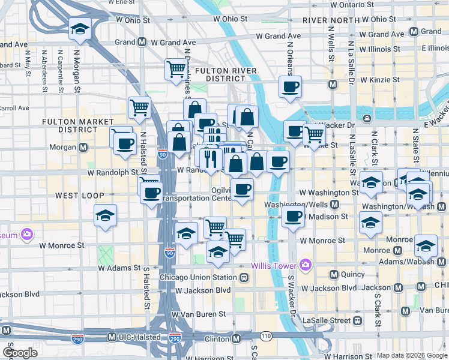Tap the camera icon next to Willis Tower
pos(306,264)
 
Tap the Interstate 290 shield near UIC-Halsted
pos(175,338)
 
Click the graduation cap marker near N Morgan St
pos(80,29)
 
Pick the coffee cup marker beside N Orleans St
pos(290,86)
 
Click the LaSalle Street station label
pos(327,320)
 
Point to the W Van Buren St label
pos(198,314)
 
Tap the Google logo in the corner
pos(20,353)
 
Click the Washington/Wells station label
pos(297,205)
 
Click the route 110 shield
pos(266,334)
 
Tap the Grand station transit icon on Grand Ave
pos(142,43)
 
